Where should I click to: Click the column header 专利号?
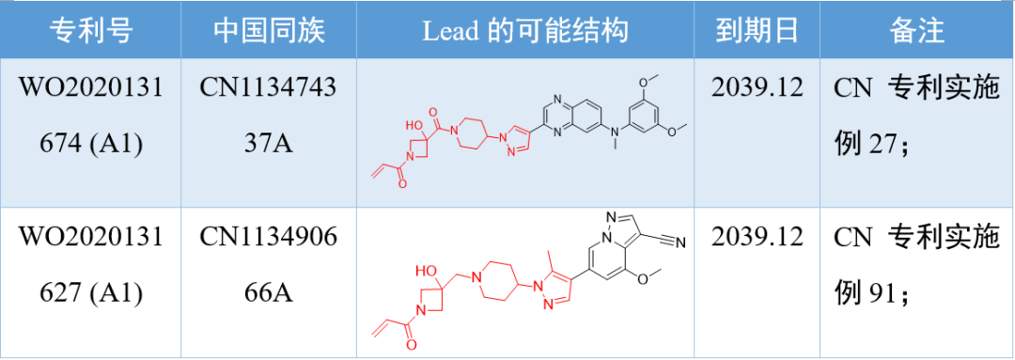click(91, 31)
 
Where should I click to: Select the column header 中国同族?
click(269, 31)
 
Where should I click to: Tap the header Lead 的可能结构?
click(524, 31)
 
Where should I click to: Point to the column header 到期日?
click(757, 31)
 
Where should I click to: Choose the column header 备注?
click(916, 31)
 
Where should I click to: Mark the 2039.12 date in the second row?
click(757, 236)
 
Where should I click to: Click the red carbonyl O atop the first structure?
click(435, 111)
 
